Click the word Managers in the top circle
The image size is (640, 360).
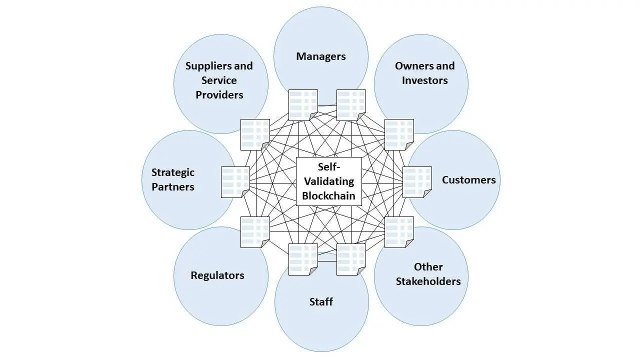(320, 56)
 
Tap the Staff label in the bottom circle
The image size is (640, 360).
(321, 302)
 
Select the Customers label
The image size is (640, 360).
(468, 180)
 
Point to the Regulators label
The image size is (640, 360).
(217, 275)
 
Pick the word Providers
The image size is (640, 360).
(219, 94)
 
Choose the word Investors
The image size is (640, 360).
(424, 80)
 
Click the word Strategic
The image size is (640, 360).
(173, 172)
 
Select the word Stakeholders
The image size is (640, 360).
(428, 281)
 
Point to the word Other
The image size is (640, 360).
(428, 267)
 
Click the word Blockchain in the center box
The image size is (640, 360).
(328, 195)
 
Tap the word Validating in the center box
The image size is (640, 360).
(328, 181)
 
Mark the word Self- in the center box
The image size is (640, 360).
(328, 167)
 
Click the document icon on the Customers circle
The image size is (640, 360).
(417, 182)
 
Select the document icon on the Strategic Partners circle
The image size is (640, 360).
(235, 182)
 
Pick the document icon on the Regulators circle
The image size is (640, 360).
(255, 232)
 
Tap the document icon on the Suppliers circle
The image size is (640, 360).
(255, 134)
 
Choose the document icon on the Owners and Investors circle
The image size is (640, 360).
(399, 134)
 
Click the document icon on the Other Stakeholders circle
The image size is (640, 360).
(399, 232)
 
